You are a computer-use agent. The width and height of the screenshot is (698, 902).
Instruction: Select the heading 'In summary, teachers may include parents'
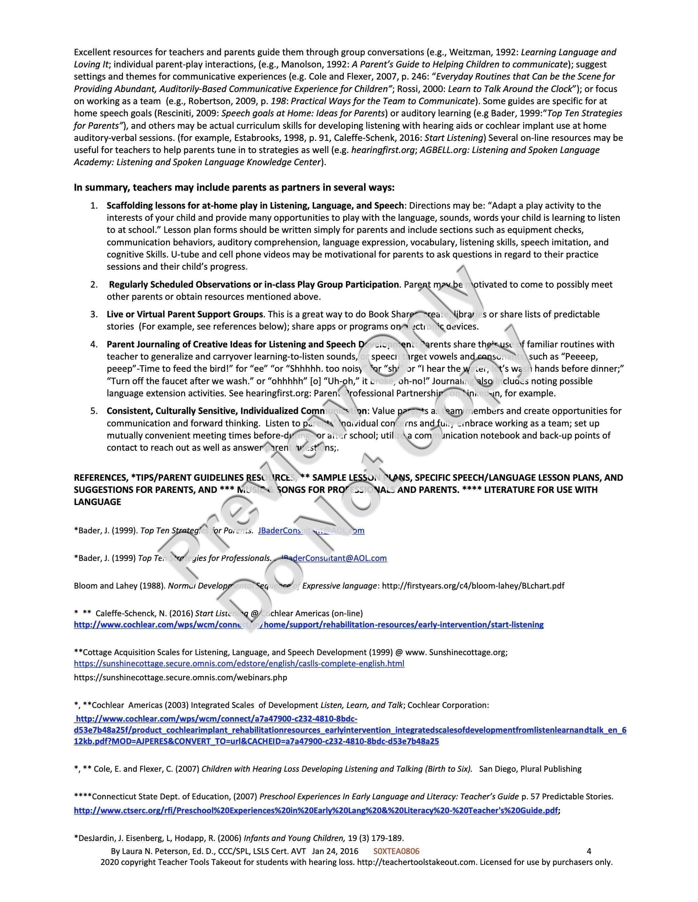tap(234, 187)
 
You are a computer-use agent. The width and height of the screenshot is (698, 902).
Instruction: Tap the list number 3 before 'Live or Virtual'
tap(94, 314)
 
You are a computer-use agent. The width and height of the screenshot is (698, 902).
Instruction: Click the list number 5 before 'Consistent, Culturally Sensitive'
tap(94, 411)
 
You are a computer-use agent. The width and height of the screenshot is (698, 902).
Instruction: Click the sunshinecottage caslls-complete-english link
tap(239, 663)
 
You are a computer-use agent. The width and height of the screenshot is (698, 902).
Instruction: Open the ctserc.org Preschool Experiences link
tap(316, 810)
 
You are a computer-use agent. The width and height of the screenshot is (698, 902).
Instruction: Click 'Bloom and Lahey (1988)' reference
tap(120, 586)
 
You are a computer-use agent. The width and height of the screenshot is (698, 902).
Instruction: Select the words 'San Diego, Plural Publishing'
tap(530, 769)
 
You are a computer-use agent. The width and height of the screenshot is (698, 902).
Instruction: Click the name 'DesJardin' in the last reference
tap(93, 838)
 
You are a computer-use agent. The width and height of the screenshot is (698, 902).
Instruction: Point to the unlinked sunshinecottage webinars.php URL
tap(180, 677)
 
